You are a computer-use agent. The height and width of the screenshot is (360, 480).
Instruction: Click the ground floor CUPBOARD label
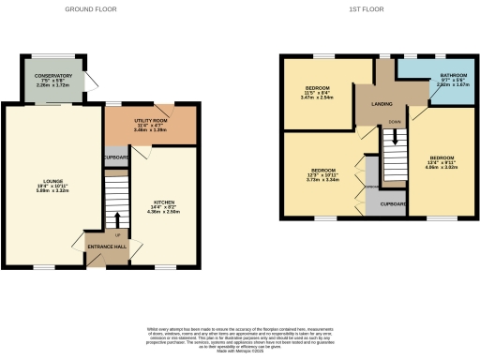[115, 157]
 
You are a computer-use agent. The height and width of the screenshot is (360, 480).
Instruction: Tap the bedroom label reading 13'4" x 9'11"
[442, 160]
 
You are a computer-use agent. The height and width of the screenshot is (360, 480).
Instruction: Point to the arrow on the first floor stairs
[395, 136]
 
